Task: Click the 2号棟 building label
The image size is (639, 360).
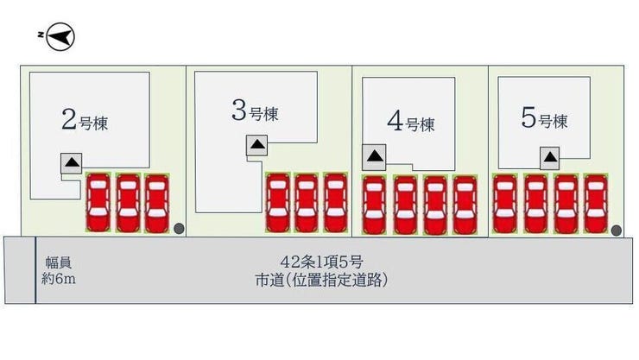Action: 85,120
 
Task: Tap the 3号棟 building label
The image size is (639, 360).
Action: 255,111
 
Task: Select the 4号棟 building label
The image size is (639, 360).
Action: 411,122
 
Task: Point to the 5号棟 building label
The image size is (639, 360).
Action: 545,117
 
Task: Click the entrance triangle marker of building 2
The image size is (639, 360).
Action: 72,163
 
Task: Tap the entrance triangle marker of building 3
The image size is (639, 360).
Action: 257,145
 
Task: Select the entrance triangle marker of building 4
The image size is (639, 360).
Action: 374,157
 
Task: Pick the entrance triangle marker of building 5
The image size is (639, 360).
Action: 550,158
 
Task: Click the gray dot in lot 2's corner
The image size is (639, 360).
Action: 179,229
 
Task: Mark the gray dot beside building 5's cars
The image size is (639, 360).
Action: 617,231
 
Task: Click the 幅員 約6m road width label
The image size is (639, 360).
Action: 58,271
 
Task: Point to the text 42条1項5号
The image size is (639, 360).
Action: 321,262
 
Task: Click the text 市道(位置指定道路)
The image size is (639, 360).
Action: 321,280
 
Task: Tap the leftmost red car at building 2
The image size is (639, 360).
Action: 98,202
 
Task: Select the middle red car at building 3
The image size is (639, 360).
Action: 307,202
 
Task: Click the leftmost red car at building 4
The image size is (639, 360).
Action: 374,205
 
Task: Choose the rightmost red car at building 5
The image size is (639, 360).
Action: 596,203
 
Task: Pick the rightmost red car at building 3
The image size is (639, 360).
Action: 336,202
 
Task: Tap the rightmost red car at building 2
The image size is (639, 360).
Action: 157,203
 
